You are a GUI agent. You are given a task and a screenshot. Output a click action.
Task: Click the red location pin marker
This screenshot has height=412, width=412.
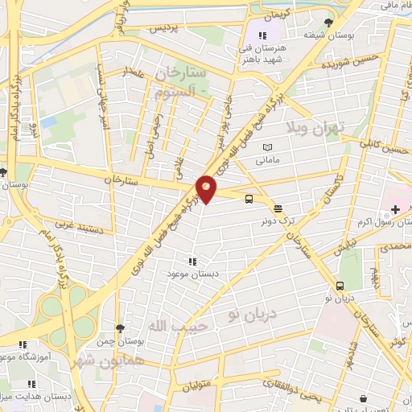pos(207,188)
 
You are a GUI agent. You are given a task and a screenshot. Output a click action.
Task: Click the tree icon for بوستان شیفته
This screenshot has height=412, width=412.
pos(327,23)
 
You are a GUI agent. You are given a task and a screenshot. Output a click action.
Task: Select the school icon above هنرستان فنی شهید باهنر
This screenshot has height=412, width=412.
pos(262,35)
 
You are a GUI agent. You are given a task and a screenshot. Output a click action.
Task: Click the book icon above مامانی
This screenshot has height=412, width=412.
pos(268,147)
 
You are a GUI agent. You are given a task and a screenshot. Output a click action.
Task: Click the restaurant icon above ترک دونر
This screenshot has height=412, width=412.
pos(278,206)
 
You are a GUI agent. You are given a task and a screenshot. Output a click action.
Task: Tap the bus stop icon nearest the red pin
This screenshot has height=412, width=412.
pos(249,198)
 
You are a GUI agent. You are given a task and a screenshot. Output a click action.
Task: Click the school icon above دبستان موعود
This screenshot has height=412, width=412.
pos(192,262)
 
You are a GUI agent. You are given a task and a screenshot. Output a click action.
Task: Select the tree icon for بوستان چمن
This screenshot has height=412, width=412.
pos(120,328)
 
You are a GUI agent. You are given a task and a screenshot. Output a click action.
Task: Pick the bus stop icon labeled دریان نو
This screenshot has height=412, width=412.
pos(340,286)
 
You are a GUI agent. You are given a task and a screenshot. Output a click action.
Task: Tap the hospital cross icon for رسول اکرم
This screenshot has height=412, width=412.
pos(395,209)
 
